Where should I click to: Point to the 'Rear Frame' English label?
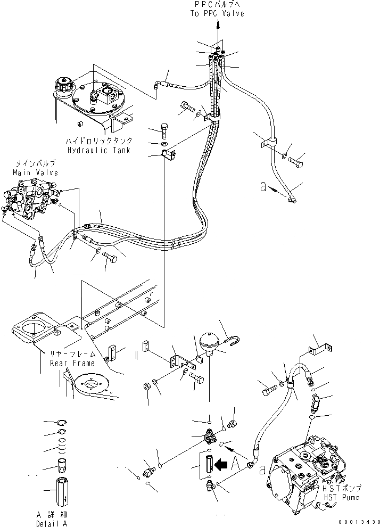(73, 363)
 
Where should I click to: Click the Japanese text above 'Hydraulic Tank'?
(99, 142)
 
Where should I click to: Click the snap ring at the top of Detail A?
(62, 423)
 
